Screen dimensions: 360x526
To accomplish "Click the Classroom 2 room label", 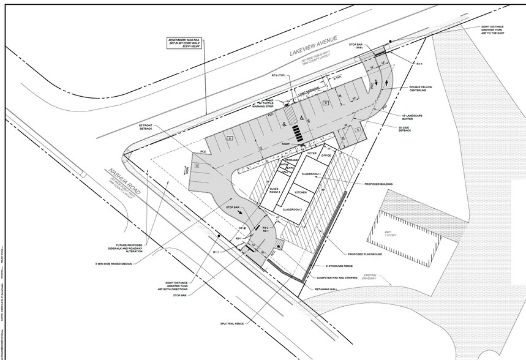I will click(x=294, y=209).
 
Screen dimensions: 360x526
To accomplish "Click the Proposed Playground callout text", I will click(x=365, y=253).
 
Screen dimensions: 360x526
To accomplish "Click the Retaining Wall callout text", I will click(x=335, y=290).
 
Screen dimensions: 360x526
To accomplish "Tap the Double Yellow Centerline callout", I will click(x=426, y=89).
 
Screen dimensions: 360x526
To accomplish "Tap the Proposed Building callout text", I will click(x=379, y=183).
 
